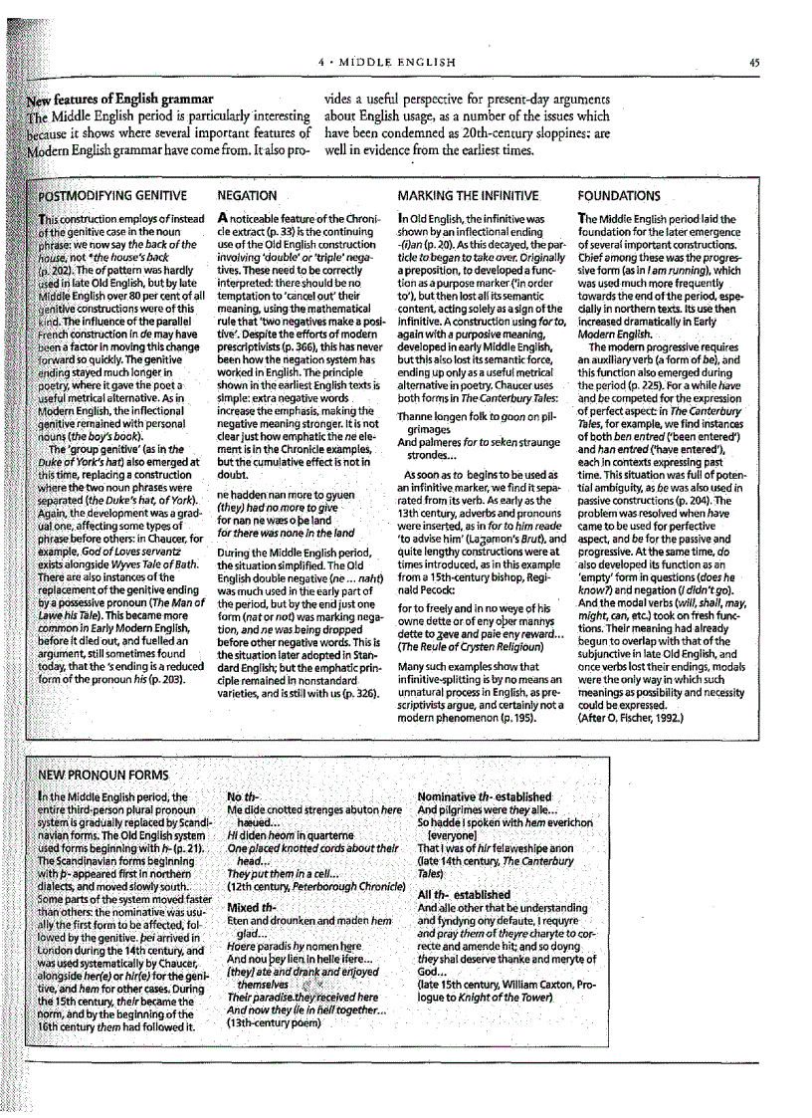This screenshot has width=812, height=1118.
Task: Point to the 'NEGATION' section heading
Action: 248,196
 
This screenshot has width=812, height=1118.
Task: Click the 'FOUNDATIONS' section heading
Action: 618,196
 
